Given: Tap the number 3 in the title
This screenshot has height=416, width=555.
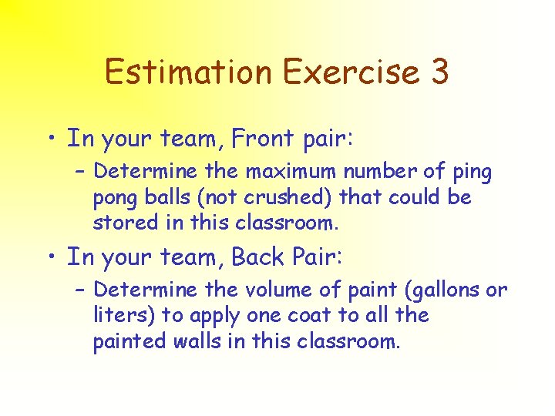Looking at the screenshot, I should point(439,72).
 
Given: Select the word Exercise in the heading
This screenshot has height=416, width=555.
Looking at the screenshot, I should point(351,72).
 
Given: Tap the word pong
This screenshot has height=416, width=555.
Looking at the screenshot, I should point(113,199).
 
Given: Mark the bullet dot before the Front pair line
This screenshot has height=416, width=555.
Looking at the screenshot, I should point(51,139).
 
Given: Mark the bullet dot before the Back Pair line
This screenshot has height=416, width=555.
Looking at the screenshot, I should point(51,257).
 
